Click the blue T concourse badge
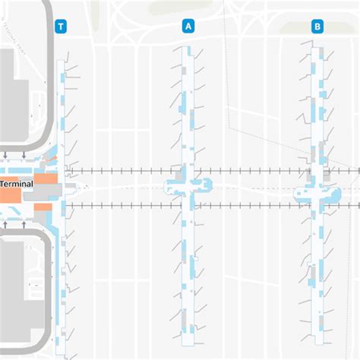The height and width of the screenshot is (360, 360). [61, 27]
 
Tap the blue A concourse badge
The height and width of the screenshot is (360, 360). [188, 27]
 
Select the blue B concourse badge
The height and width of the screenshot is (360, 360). [317, 27]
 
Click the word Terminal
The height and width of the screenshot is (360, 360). [16, 185]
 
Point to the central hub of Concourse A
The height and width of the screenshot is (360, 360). [188, 186]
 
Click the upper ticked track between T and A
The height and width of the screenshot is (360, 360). [122, 172]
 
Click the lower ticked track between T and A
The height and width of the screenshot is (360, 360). [122, 204]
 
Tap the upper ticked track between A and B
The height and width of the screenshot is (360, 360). [254, 172]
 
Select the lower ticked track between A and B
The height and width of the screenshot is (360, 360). [254, 204]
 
